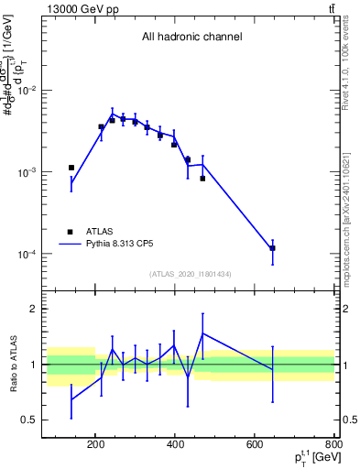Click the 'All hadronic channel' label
click(191, 38)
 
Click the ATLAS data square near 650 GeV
click(272, 248)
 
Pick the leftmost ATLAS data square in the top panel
click(71, 168)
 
